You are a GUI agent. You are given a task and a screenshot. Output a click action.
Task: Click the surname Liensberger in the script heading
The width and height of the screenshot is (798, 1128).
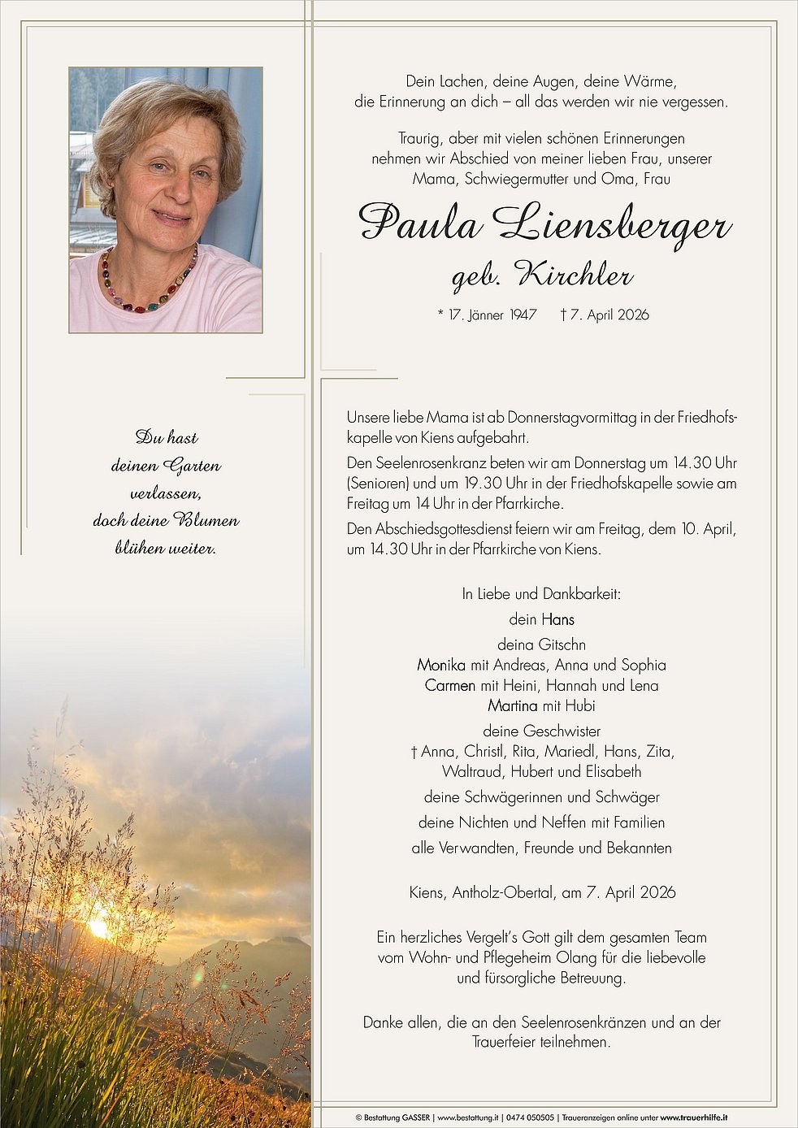click(x=611, y=223)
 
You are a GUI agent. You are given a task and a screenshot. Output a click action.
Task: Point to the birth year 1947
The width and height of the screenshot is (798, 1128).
click(x=523, y=315)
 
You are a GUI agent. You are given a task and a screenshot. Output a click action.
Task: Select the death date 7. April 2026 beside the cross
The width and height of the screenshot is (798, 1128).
click(x=609, y=315)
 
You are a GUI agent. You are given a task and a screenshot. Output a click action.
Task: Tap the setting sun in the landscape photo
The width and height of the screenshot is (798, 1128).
click(x=100, y=926)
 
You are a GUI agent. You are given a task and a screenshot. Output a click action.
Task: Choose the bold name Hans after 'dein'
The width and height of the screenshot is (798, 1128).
click(x=558, y=619)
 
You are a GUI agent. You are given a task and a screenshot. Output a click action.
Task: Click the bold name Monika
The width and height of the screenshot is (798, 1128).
click(x=441, y=665)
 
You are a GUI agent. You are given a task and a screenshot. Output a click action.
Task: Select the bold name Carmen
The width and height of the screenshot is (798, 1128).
click(x=449, y=685)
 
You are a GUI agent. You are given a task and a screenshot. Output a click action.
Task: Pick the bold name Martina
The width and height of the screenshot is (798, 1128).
click(x=513, y=705)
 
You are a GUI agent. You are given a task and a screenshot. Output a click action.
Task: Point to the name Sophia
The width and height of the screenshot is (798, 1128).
click(x=644, y=665)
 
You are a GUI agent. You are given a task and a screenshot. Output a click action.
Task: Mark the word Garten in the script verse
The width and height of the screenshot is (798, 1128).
click(x=192, y=466)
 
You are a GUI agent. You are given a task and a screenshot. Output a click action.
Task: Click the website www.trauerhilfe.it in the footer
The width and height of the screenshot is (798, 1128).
click(x=693, y=1118)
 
